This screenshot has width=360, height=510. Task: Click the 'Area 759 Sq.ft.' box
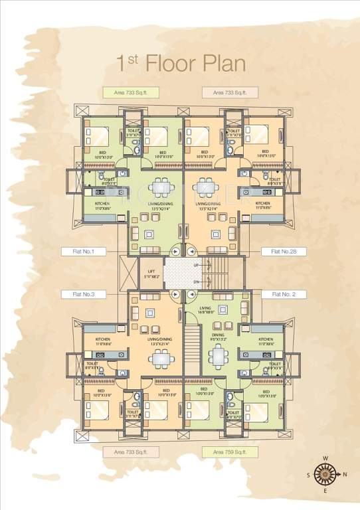(x=229, y=452)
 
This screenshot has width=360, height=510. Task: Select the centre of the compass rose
(x=325, y=474)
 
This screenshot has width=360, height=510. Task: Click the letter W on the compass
(x=325, y=458)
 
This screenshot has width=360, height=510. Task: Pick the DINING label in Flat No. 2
(x=217, y=335)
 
